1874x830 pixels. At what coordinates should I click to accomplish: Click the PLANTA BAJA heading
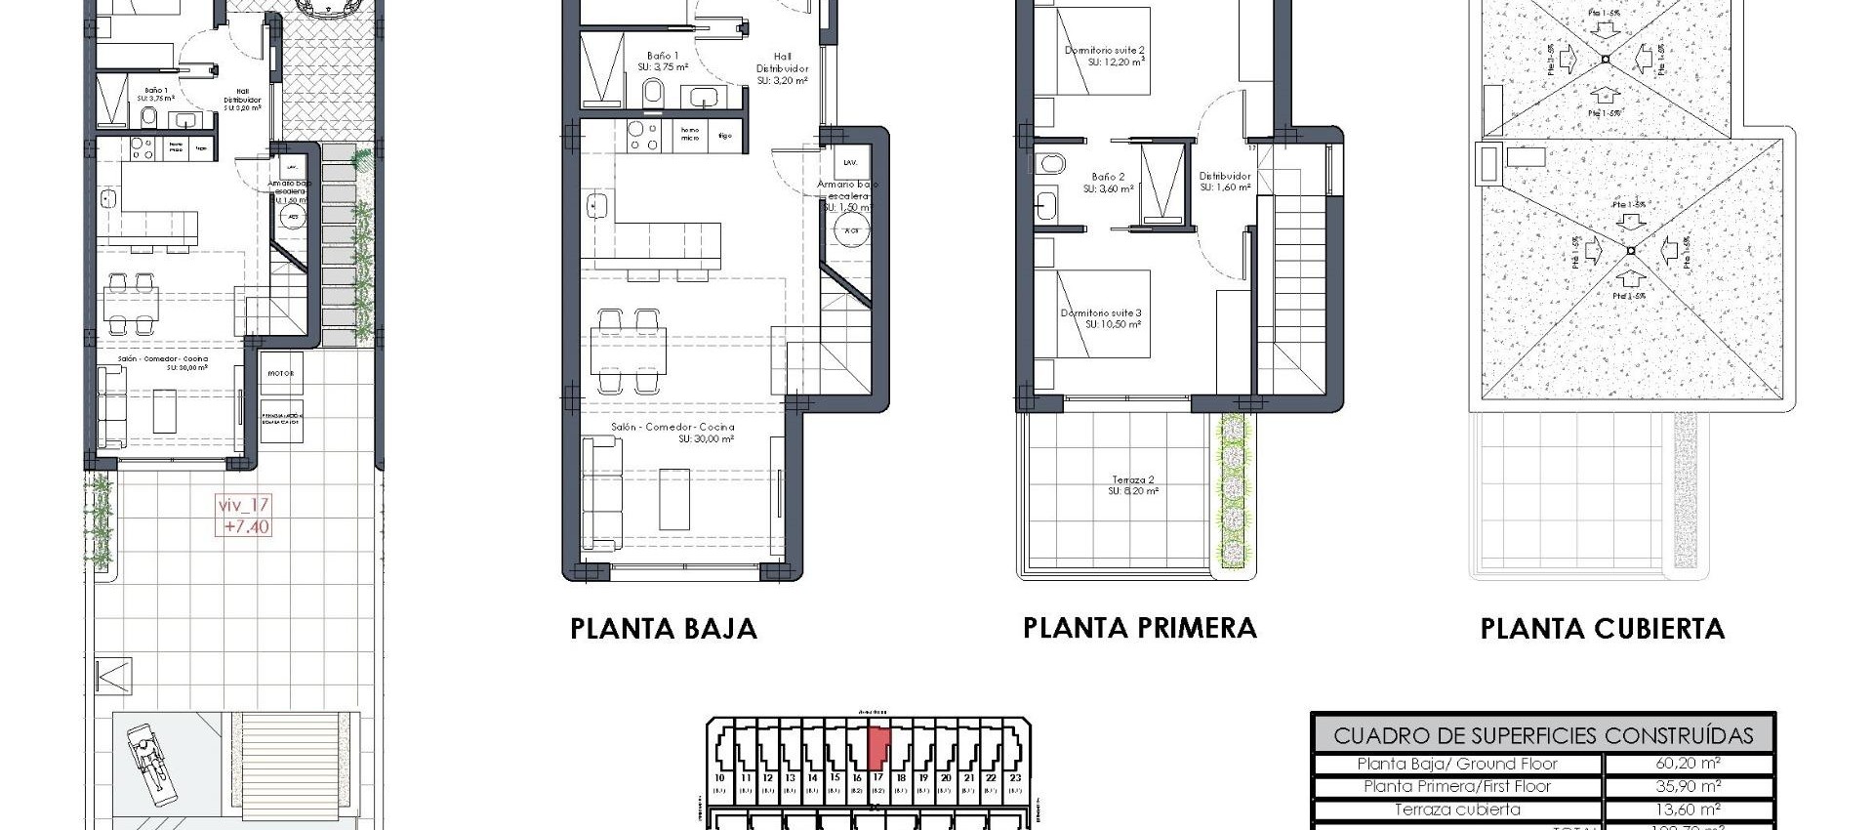(x=664, y=629)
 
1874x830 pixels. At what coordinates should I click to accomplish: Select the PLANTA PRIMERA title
(x=1139, y=628)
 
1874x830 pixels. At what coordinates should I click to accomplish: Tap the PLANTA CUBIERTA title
(x=1602, y=629)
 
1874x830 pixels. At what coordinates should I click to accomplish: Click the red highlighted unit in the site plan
(x=878, y=749)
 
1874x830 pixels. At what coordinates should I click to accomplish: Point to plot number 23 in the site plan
(x=1014, y=779)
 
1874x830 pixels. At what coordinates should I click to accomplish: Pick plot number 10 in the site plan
(x=720, y=779)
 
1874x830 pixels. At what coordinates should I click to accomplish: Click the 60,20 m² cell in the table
(x=1688, y=764)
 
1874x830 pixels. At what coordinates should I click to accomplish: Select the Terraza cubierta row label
(x=1456, y=809)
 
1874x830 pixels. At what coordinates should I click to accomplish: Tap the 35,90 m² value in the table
(x=1688, y=786)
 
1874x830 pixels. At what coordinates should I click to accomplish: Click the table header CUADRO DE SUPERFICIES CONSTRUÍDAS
(x=1542, y=735)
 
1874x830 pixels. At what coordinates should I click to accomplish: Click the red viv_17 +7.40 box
(x=244, y=516)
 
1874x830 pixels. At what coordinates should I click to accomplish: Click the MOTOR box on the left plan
(x=281, y=374)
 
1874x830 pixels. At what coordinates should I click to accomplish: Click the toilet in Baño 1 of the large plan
(x=654, y=94)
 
